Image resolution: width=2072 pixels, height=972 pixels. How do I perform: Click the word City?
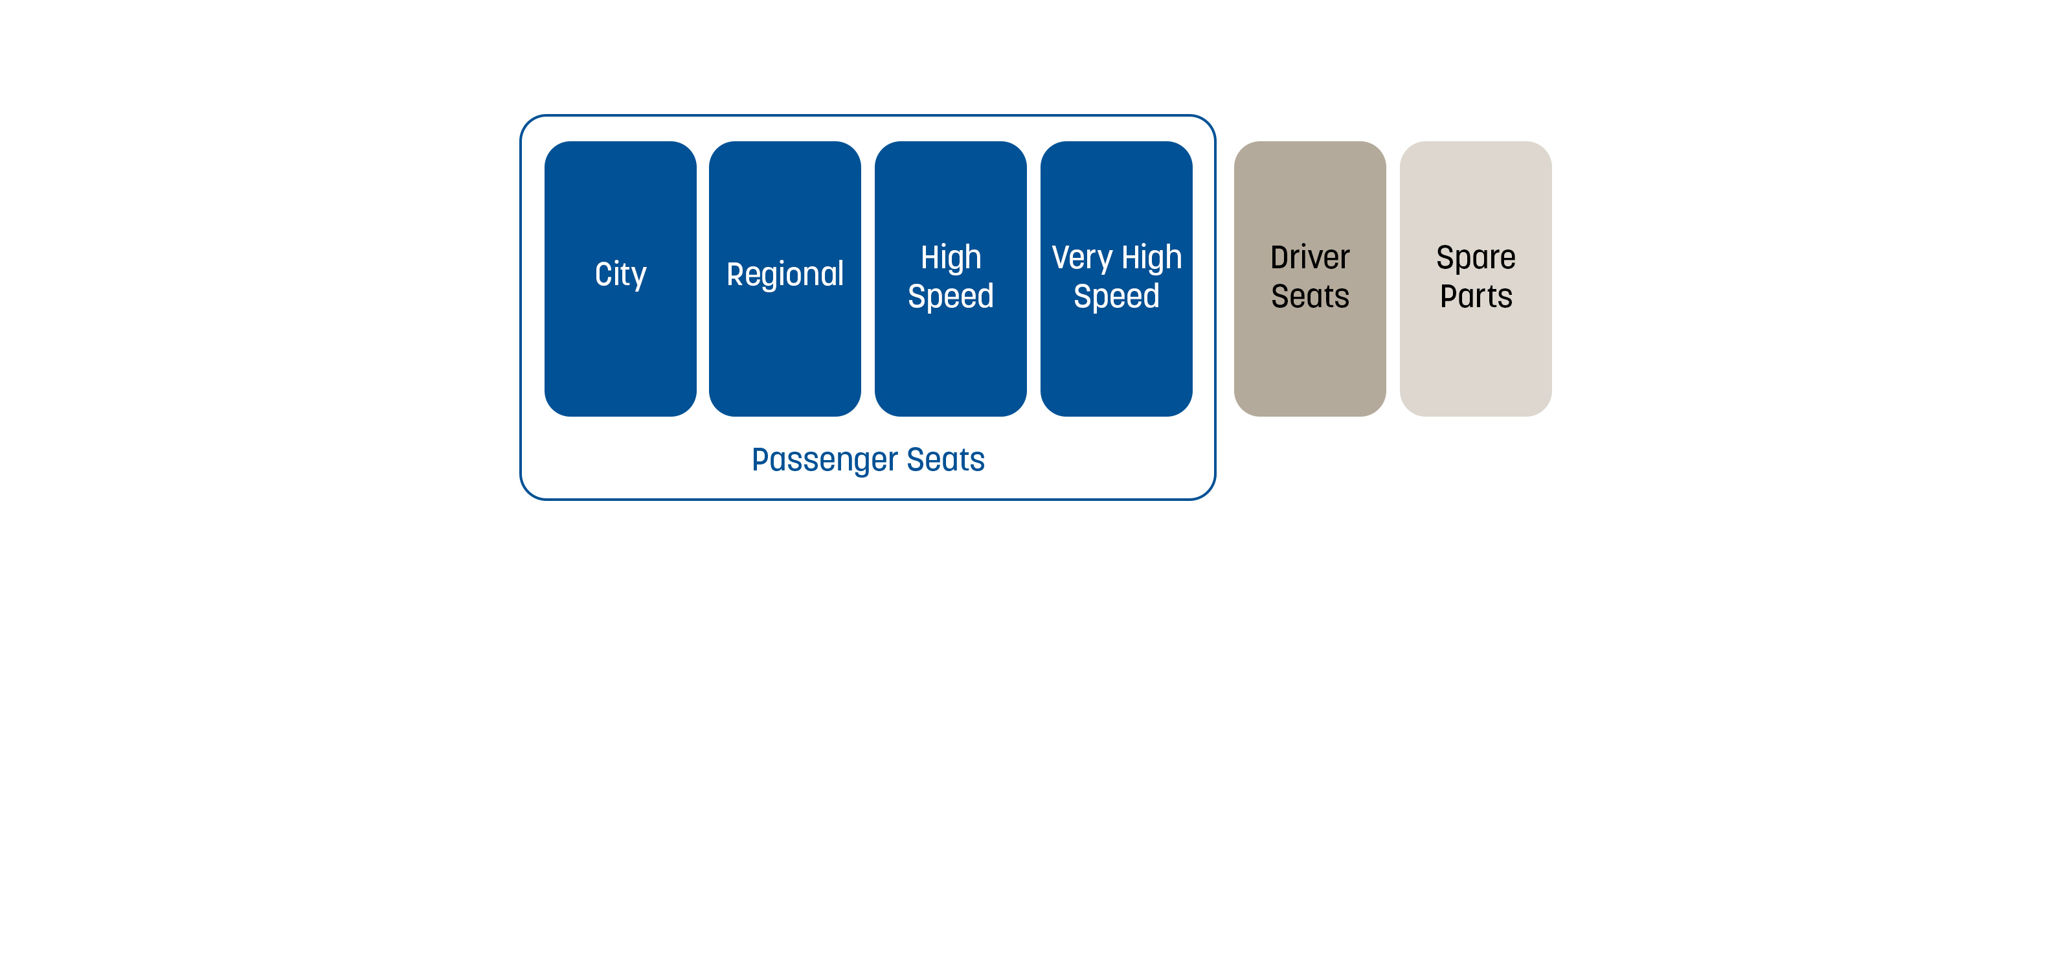(620, 274)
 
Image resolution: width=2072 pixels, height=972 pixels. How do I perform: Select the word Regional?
(785, 274)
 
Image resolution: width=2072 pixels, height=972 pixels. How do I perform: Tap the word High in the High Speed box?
(951, 257)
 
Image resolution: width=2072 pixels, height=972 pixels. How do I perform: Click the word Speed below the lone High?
(951, 296)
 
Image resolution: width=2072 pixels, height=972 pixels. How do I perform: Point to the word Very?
(1083, 257)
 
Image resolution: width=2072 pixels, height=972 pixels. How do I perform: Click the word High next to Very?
(1152, 257)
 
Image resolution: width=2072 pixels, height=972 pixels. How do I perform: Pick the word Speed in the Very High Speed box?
(1116, 296)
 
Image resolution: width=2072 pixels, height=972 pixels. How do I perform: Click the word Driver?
(1309, 257)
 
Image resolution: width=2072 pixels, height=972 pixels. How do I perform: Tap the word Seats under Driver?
(1309, 296)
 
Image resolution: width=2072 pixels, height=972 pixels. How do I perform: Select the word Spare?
(1476, 257)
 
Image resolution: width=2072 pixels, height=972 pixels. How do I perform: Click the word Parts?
(1476, 296)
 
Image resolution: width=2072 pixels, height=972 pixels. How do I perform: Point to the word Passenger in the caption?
(824, 460)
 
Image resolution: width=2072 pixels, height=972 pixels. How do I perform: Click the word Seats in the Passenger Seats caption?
(946, 459)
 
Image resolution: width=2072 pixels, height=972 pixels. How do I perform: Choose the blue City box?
(620, 279)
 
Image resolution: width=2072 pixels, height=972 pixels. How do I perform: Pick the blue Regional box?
(785, 279)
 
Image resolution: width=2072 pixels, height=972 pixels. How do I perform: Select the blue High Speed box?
(951, 279)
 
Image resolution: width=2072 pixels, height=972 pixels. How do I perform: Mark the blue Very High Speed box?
(1116, 279)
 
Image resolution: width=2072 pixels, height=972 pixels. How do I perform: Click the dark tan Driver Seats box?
(1309, 279)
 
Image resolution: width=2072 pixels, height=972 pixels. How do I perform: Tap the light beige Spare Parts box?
(1476, 279)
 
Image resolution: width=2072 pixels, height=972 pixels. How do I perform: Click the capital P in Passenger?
(760, 459)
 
